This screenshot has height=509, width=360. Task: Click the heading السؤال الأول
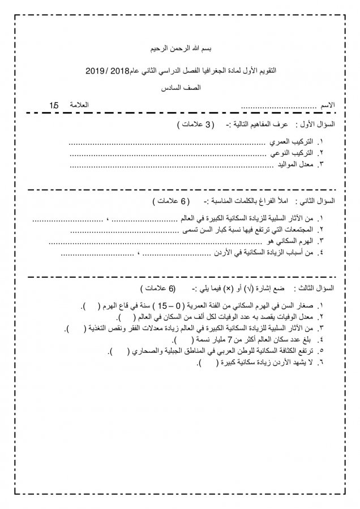coord(321,124)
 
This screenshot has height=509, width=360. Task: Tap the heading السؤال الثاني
coord(320,201)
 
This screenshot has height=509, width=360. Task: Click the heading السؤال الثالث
coord(320,288)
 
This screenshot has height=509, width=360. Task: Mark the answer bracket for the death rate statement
coord(127,317)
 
